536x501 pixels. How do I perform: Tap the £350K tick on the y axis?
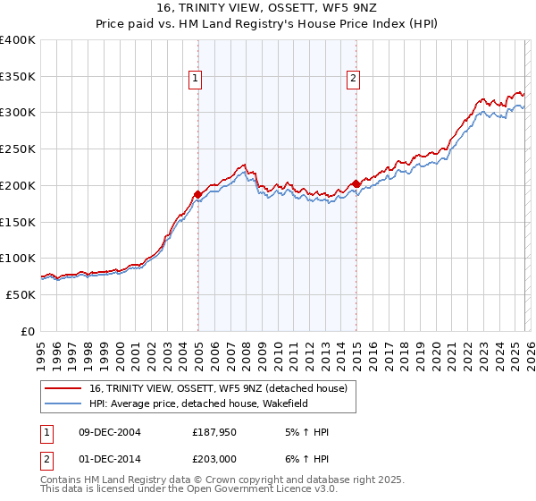[x=18, y=76]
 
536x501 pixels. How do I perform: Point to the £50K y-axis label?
[x=21, y=294]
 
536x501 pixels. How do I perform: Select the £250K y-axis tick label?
[x=18, y=149]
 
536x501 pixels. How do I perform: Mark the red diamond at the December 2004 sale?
[x=197, y=193]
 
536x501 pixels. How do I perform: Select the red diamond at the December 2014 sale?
[x=356, y=183]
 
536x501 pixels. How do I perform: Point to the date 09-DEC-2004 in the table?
[x=109, y=432]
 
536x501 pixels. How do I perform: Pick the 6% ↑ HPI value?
[x=306, y=458]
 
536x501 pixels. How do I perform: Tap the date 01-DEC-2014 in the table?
[x=109, y=458]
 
